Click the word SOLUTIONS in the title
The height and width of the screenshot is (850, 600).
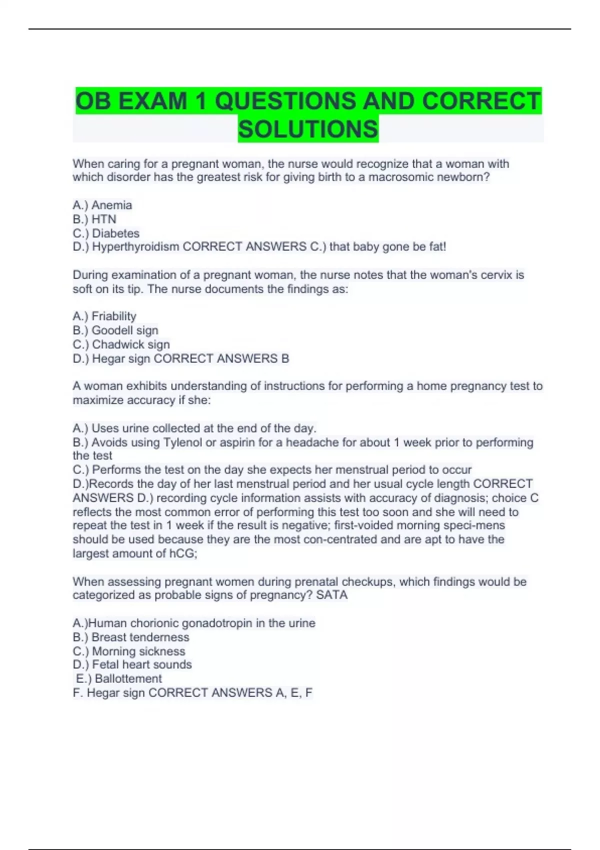(x=308, y=129)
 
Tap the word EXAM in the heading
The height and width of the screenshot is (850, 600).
(x=153, y=101)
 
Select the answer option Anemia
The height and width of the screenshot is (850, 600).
(x=111, y=205)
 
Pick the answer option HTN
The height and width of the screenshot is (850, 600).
(x=104, y=219)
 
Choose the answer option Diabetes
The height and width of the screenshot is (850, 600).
(x=115, y=233)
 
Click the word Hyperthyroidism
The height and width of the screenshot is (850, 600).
(x=135, y=246)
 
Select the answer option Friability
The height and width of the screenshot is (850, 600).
(x=113, y=316)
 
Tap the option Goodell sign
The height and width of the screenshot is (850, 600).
(x=124, y=330)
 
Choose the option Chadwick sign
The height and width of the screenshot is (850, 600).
(x=130, y=344)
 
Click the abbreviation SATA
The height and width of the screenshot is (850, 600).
(x=331, y=595)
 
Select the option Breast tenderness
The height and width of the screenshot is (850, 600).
(x=140, y=637)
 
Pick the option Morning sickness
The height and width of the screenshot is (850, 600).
(x=138, y=651)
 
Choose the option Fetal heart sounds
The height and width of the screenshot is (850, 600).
(x=141, y=664)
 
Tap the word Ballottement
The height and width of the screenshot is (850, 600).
(x=128, y=678)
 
